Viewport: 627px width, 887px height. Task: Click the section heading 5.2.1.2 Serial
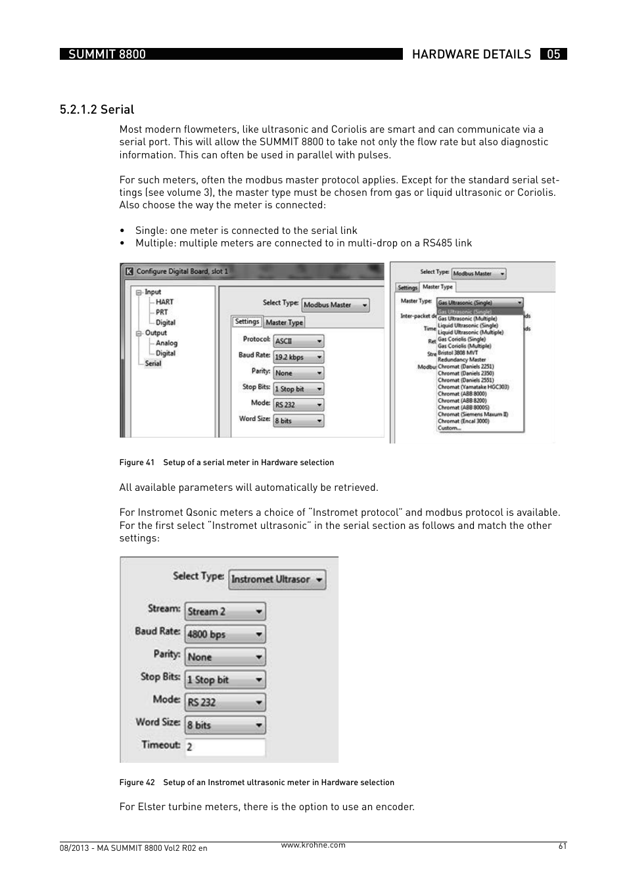tap(97, 110)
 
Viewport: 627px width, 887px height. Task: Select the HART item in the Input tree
tap(164, 302)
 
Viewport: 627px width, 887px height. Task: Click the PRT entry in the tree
tap(162, 312)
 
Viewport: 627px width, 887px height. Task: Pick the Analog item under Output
tap(166, 343)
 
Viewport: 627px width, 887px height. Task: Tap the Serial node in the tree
tap(153, 363)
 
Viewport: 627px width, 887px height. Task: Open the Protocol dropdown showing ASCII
tap(299, 341)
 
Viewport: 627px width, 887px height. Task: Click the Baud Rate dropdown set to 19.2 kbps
tap(299, 357)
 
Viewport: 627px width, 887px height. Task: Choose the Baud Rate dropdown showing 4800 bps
tap(225, 634)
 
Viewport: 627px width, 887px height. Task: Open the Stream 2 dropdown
tap(225, 612)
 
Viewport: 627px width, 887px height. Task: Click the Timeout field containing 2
tap(225, 747)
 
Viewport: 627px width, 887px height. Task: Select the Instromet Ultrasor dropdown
tap(277, 580)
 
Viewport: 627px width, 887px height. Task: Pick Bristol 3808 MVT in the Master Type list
tap(457, 353)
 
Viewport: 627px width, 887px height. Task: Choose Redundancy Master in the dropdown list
tap(461, 359)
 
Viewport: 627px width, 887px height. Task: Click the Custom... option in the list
tap(450, 428)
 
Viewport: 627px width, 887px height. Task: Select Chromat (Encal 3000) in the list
tap(463, 421)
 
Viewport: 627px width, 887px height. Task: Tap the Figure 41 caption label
tap(137, 463)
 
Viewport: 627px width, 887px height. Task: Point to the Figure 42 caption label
tap(137, 783)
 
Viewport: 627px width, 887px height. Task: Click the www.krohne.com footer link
tap(313, 845)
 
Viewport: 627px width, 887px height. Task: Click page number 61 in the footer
tap(562, 846)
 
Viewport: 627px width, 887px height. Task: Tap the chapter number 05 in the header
tap(553, 55)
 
